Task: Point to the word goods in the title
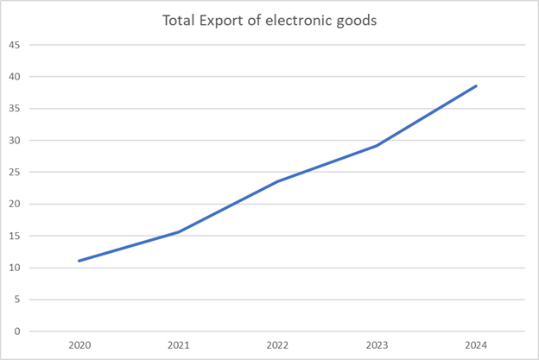point(358,20)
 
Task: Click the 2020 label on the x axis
point(79,345)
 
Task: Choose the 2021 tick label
point(178,345)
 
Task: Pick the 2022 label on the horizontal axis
point(277,345)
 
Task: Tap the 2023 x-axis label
point(377,345)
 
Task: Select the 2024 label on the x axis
point(476,345)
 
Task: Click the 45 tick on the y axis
point(16,45)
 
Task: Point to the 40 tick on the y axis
point(16,77)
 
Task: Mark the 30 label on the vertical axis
point(16,141)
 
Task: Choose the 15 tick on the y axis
point(16,236)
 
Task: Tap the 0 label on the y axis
point(18,332)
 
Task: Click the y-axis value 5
point(18,300)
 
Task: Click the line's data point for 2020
point(79,261)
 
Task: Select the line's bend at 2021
point(178,231)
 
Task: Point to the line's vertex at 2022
point(277,181)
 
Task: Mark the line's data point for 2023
point(377,145)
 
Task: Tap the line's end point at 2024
point(476,85)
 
